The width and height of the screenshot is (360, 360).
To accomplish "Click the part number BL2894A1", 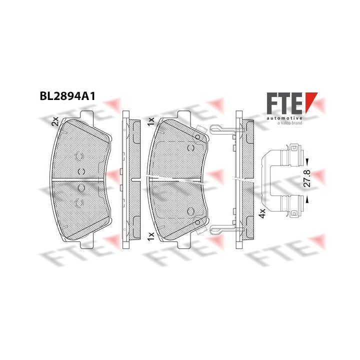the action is coord(67,96).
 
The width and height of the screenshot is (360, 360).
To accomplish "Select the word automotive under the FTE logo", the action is coord(284,118).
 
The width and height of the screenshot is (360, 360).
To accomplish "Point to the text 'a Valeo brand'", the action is coord(289,123).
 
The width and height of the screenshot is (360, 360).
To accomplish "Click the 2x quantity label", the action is coord(55,121).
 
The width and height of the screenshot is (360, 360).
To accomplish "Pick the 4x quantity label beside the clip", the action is coord(262,213).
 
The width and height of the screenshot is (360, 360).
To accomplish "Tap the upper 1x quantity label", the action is coord(151,121).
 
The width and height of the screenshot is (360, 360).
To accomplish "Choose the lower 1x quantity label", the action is coord(151,236).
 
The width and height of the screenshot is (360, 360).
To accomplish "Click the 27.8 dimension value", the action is coord(307,178).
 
